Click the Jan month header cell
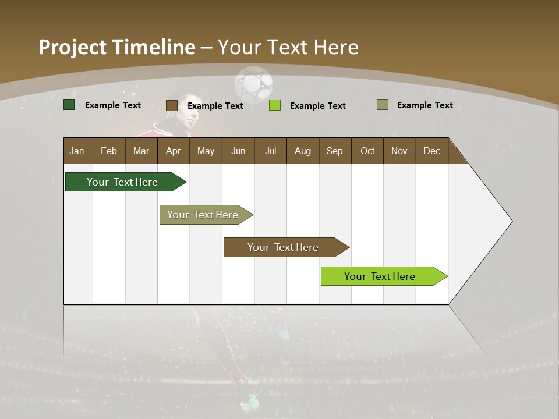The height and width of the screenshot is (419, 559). coord(77,151)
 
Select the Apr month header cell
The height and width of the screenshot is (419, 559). coord(174,151)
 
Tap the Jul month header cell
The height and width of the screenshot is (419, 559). coord(270,151)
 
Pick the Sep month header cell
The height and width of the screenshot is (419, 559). coord(335,151)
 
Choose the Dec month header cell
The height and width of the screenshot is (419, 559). coord(431,151)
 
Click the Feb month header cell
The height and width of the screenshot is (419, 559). coord(109,151)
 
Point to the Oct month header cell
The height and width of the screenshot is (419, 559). coord(367,151)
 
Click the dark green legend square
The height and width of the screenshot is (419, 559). coord(69,105)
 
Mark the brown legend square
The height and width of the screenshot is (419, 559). coord(172,105)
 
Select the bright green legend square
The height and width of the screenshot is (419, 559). coord(275,105)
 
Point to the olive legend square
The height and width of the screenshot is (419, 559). coord(383,105)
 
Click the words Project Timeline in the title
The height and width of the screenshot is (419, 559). coord(117,47)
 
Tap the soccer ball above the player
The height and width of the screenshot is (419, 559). coord(253,84)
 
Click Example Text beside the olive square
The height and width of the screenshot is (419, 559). coord(424,105)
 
